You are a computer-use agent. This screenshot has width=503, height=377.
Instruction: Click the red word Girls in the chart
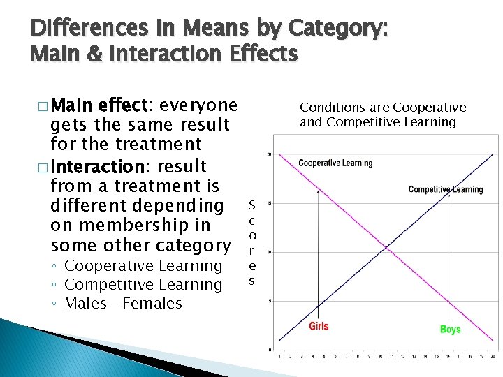tap(319, 326)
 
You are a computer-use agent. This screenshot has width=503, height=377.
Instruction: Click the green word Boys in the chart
tap(450, 329)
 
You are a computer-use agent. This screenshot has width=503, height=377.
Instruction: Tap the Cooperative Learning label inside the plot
tap(335, 163)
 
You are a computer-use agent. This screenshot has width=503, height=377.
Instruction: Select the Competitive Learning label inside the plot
tap(446, 189)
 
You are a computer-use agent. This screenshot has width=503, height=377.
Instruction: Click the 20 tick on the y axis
tap(270, 154)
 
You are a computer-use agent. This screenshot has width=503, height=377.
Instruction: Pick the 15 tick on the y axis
tap(270, 203)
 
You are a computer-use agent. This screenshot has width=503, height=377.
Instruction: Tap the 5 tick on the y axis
tap(270, 301)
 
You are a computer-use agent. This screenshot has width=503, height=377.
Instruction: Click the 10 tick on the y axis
tap(270, 252)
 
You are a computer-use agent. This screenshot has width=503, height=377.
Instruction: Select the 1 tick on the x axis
tap(279, 356)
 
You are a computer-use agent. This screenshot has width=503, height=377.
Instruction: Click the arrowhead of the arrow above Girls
tap(319, 191)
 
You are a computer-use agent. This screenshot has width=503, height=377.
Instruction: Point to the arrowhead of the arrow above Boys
tap(449, 194)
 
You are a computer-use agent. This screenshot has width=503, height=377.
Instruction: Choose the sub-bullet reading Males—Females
tap(123, 304)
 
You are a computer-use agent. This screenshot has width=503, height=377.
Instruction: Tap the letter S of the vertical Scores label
tap(251, 205)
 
